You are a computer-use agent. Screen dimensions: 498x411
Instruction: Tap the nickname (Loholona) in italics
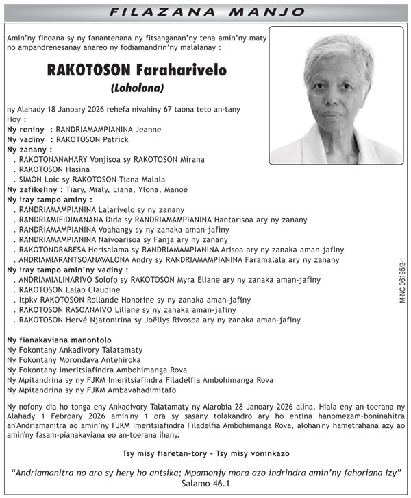(137, 88)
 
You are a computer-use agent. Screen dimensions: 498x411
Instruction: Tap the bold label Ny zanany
(29, 150)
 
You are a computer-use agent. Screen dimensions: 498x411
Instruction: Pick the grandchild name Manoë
(173, 189)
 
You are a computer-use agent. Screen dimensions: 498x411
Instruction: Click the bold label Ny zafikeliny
(33, 189)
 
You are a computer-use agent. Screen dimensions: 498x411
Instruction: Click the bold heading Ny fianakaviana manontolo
(59, 340)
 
